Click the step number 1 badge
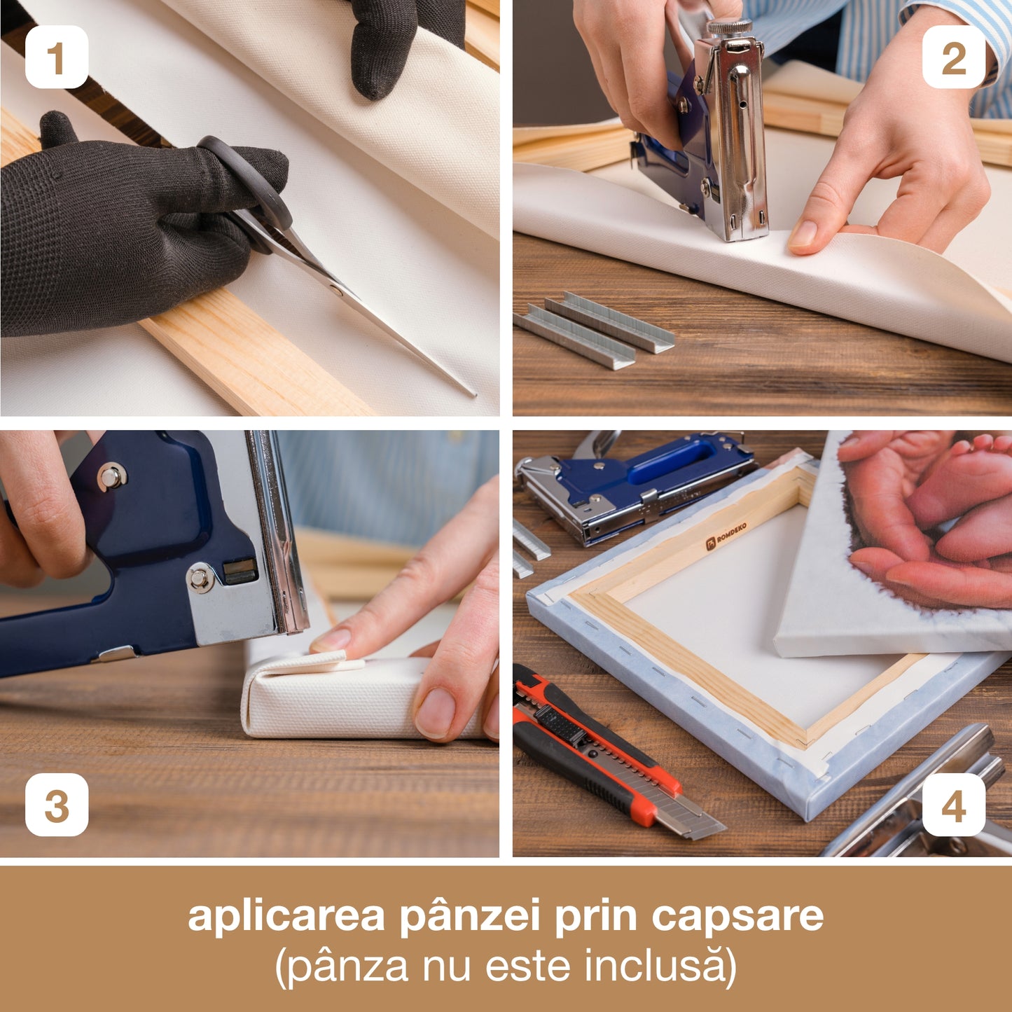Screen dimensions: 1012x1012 point(57,57)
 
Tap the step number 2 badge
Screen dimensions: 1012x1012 point(955,57)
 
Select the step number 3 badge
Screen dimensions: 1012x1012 point(57,805)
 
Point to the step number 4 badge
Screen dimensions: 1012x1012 point(955,805)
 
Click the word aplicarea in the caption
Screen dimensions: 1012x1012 point(286,917)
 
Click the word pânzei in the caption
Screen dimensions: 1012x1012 point(470,917)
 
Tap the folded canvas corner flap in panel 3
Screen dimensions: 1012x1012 point(336,662)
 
